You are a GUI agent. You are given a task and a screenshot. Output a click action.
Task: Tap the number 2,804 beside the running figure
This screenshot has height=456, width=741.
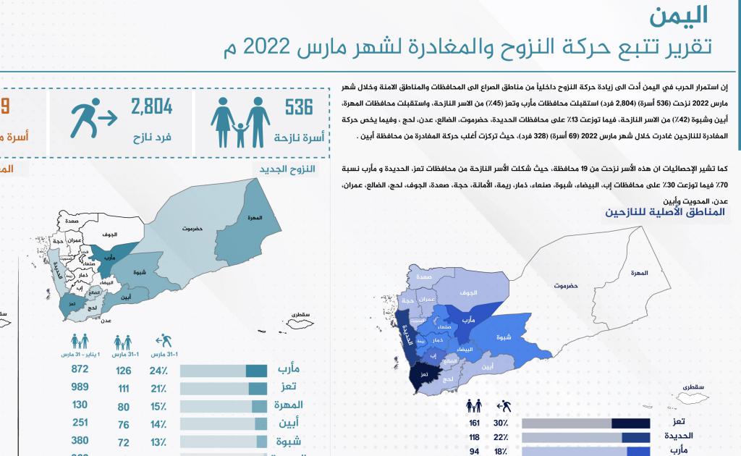[151, 108]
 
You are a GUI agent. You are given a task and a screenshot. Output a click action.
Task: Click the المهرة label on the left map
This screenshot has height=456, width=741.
[254, 218]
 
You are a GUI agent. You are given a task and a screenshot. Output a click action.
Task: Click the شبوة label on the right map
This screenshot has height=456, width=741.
[504, 337]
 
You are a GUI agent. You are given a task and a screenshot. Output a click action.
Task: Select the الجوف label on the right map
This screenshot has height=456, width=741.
[469, 292]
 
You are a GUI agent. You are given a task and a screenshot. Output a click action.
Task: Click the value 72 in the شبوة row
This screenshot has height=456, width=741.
[124, 442]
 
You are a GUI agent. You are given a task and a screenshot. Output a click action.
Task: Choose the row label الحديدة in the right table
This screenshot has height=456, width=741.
[679, 437]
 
